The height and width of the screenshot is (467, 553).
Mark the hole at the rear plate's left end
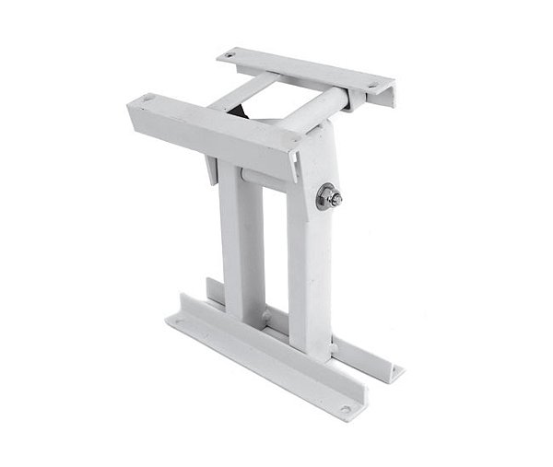point(232,59)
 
